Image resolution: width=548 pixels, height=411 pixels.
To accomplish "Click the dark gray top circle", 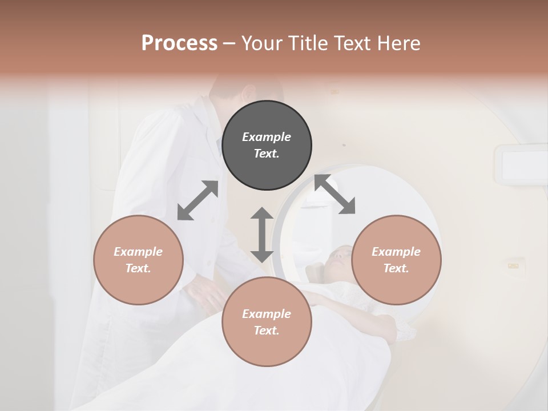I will tap(267, 146).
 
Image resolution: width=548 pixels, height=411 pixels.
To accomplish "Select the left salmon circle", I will tap(138, 260).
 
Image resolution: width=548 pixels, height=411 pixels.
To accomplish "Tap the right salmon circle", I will tap(396, 260).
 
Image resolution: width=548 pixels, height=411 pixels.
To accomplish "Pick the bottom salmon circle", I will tap(267, 322).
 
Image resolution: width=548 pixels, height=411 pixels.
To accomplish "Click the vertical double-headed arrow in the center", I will tap(262, 235).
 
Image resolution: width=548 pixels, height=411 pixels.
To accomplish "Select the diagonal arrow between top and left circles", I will tap(198, 200).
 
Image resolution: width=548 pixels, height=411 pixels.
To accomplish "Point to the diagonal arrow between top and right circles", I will tap(335, 194).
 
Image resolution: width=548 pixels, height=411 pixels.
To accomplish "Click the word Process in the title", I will tap(179, 43).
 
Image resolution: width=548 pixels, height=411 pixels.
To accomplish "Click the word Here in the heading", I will tap(398, 43).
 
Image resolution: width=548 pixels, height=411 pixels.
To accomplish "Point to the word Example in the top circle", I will tap(267, 137).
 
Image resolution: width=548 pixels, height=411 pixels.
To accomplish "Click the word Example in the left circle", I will tap(138, 252).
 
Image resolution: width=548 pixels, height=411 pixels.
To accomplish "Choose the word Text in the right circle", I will tap(396, 268).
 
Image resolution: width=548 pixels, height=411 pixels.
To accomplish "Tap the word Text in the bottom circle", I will tap(267, 331).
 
